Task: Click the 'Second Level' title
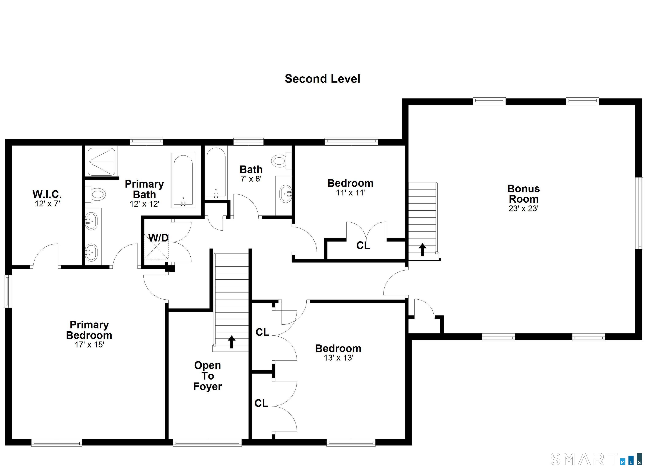click(x=322, y=79)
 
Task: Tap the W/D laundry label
click(x=158, y=238)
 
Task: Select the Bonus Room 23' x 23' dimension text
click(x=523, y=209)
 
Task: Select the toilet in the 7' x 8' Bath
click(x=281, y=161)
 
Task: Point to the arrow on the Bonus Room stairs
click(x=422, y=250)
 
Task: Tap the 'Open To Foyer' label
click(x=207, y=376)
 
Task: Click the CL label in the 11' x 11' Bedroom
click(x=363, y=245)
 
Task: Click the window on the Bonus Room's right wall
click(x=640, y=213)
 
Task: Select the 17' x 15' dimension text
click(x=89, y=345)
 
